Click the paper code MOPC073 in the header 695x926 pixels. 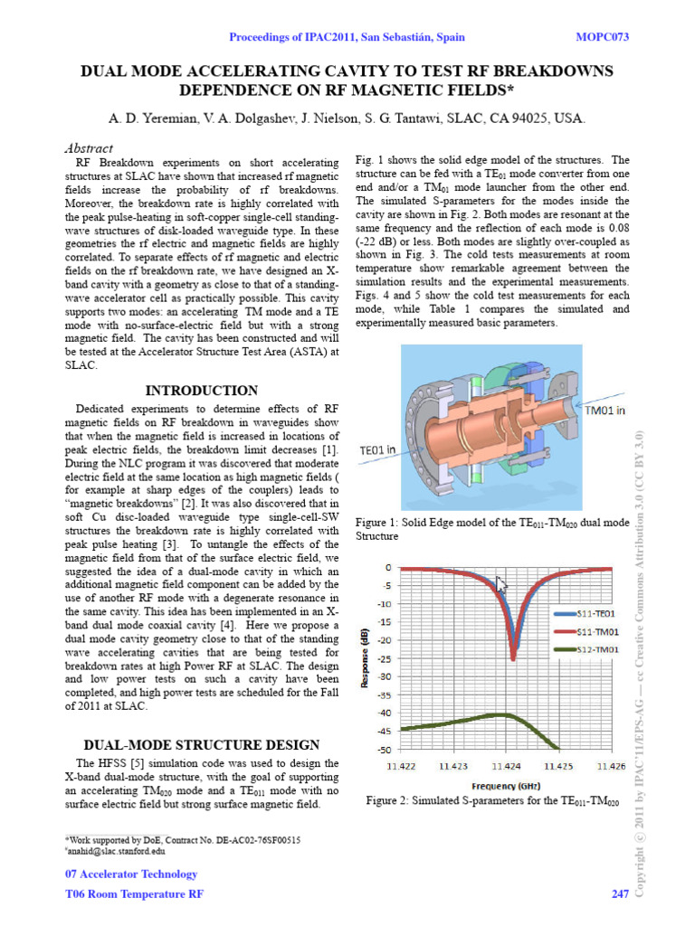602,37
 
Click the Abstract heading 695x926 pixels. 89,148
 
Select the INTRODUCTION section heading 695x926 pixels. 202,391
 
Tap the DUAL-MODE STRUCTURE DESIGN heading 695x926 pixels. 202,745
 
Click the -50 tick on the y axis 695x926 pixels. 385,750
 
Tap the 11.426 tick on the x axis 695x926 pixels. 611,767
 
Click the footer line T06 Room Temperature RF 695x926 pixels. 135,894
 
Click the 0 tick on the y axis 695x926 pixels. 388,568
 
